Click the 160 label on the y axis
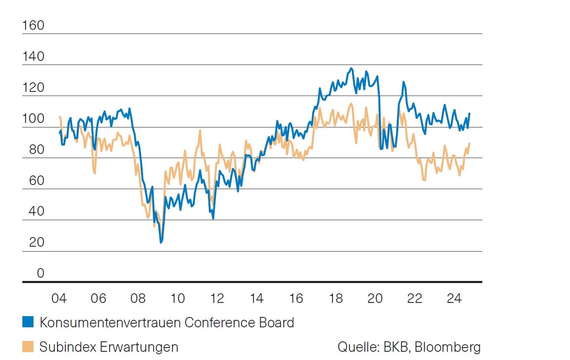(x=33, y=25)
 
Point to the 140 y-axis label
(x=33, y=56)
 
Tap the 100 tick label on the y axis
(x=33, y=118)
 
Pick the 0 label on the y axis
(x=40, y=273)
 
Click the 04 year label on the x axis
(x=59, y=298)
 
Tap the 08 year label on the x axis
(x=138, y=298)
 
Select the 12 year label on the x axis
(x=217, y=298)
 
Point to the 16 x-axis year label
(x=296, y=298)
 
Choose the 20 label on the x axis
(x=375, y=298)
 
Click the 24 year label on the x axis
(x=454, y=298)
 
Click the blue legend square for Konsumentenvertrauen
(x=28, y=322)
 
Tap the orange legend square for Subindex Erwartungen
(x=28, y=346)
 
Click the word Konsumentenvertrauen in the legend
(x=110, y=322)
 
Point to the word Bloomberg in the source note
(x=448, y=347)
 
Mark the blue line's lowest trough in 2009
(x=161, y=242)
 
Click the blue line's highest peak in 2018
(x=351, y=68)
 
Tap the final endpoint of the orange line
(x=469, y=144)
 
